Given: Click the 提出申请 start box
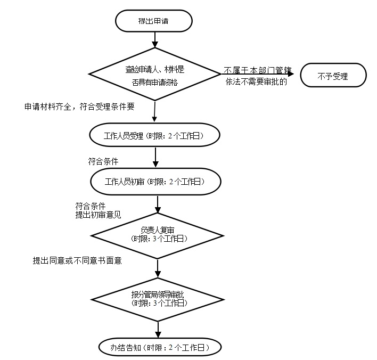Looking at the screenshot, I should click(x=154, y=21).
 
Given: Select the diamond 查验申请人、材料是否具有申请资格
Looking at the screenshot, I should click(x=154, y=75).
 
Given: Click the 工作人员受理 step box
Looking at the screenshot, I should click(x=154, y=136).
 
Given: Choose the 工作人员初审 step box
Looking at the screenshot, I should click(x=156, y=182).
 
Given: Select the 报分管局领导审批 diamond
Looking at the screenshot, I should click(x=158, y=298).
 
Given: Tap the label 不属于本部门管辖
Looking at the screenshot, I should click(x=258, y=70).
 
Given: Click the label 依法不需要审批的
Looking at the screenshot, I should click(x=256, y=82).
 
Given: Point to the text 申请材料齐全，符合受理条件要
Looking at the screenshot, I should click(x=79, y=107).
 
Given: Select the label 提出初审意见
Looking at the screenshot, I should click(x=98, y=215).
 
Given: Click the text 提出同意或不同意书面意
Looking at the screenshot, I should click(x=78, y=260).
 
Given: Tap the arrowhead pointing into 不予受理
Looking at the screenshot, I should click(x=291, y=75).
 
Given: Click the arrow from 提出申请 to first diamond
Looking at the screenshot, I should click(x=154, y=38).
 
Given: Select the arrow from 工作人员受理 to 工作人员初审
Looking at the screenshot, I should click(x=155, y=157).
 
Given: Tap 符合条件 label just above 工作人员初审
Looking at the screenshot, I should click(x=103, y=161).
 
